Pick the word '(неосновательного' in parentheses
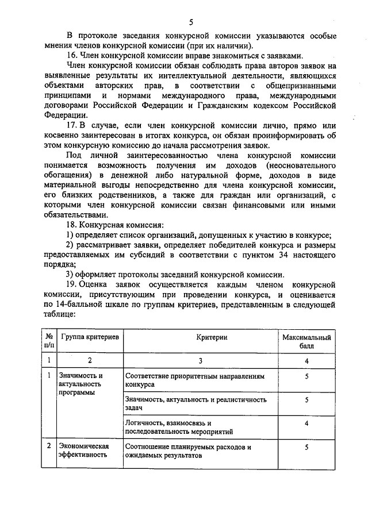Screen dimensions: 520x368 pos(296,165)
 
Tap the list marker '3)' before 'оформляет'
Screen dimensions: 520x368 pos(70,274)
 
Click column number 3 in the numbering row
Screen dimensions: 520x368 pos(199,360)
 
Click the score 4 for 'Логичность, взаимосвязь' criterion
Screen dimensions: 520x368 pos(306,423)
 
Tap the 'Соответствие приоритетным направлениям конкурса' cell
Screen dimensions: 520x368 pos(195,379)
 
